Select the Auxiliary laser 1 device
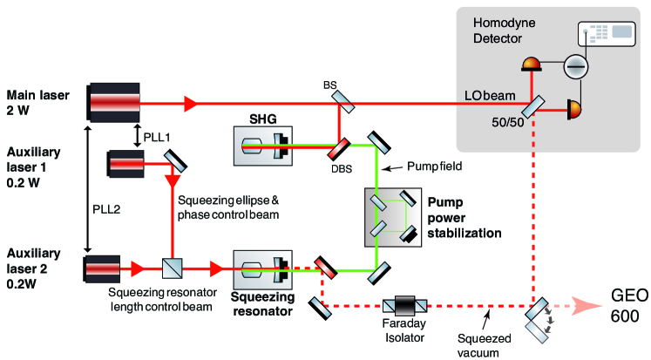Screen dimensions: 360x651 pos(129,162)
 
